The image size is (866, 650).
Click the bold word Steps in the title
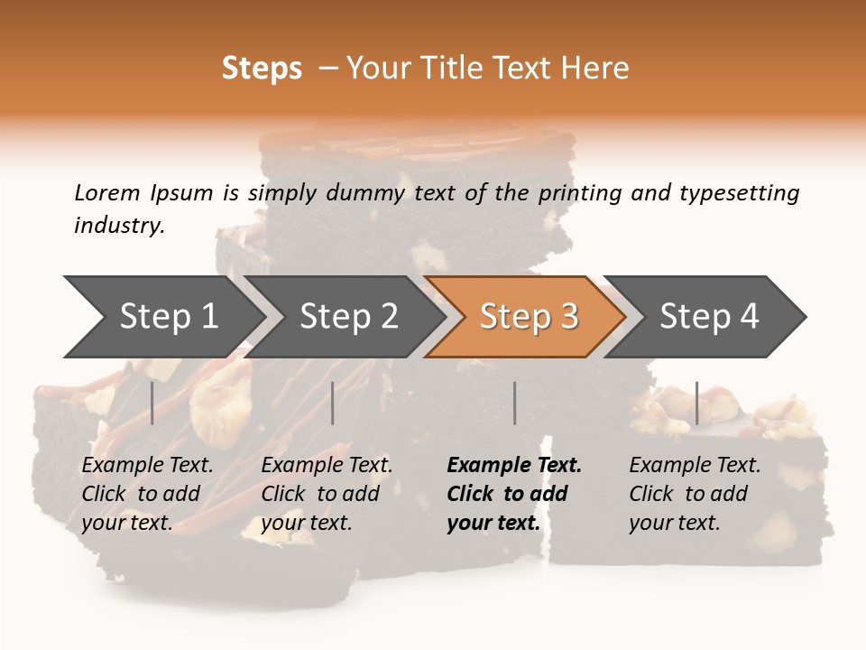pos(262,69)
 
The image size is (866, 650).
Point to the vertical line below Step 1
pos(152,403)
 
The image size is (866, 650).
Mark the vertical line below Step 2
pos(333,403)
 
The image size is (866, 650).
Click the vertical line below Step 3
pos(514,403)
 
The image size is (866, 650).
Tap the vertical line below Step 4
pos(696,403)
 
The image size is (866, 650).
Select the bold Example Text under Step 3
pos(514,466)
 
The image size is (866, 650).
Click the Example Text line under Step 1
pos(147,466)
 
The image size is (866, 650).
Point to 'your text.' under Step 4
pos(674,523)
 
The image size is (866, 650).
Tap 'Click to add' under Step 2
pos(320,494)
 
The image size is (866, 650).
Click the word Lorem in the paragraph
pos(107,192)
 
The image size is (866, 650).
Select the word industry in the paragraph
pos(118,225)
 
